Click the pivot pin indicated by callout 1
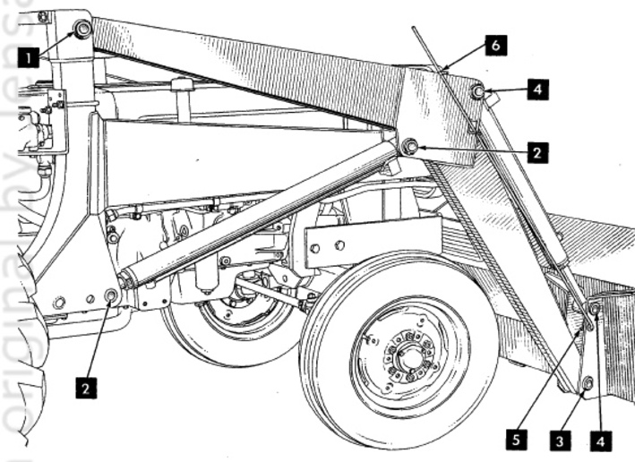pyautogui.click(x=82, y=30)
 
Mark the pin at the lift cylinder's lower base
pyautogui.click(x=112, y=295)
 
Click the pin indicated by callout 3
pyautogui.click(x=588, y=383)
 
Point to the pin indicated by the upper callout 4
pyautogui.click(x=479, y=92)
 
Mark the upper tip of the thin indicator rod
pyautogui.click(x=415, y=30)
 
